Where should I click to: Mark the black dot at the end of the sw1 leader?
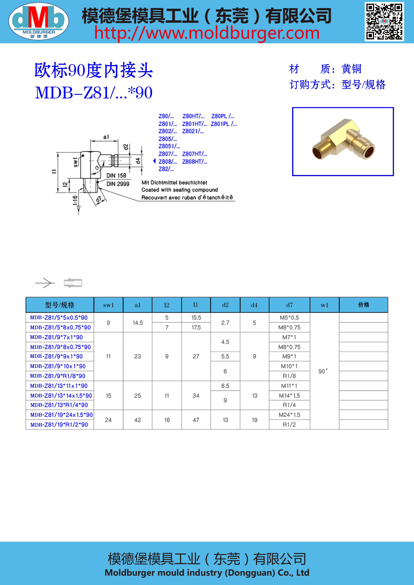pos(83,156)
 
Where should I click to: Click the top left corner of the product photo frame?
pos(293,108)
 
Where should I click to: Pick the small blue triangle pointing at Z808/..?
pos(154,161)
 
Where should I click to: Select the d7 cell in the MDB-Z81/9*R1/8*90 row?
pos(289,376)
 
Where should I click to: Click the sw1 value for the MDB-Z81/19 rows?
pos(108,420)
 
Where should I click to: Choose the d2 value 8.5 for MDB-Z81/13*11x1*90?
pos(225,386)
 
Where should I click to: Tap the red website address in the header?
pos(207,33)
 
